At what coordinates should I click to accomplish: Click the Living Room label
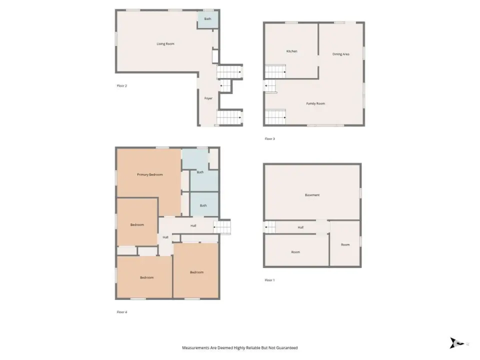click(165, 44)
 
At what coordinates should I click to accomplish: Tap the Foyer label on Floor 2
click(208, 98)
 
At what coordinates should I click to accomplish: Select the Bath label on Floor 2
click(207, 19)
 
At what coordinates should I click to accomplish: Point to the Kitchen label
click(291, 51)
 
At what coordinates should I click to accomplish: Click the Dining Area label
click(340, 54)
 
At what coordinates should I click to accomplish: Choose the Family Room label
click(315, 103)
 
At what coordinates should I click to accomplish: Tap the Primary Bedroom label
click(149, 174)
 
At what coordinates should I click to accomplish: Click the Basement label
click(312, 195)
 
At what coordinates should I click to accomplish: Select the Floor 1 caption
click(269, 280)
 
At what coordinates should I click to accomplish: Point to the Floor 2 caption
click(122, 85)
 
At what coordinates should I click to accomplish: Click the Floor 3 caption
click(269, 138)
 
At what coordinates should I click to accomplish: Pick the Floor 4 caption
click(122, 312)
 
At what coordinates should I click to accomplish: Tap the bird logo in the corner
click(456, 343)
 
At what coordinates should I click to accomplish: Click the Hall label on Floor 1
click(300, 227)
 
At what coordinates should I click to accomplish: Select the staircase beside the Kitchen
click(275, 72)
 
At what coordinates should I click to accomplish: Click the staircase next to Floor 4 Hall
click(222, 227)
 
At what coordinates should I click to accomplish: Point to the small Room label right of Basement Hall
click(345, 244)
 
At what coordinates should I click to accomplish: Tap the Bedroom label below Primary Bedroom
click(137, 224)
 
